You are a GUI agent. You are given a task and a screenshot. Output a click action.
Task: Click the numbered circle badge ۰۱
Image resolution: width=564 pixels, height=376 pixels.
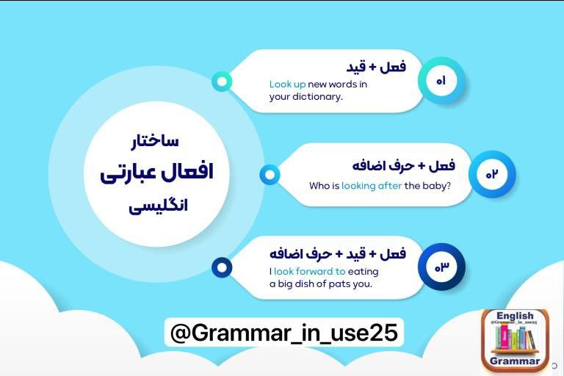(x=441, y=81)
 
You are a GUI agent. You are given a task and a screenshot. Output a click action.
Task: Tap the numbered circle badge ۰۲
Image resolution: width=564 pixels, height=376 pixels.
(x=492, y=174)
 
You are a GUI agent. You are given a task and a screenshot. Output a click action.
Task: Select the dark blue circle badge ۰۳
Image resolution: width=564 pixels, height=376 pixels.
(x=441, y=267)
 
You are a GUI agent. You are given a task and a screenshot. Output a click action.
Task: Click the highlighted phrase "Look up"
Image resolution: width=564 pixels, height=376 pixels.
(x=287, y=84)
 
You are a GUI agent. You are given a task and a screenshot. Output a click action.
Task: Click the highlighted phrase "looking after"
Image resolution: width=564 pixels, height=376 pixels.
(x=372, y=186)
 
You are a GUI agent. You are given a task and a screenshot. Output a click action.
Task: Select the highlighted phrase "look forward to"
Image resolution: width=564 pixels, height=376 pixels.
(x=310, y=271)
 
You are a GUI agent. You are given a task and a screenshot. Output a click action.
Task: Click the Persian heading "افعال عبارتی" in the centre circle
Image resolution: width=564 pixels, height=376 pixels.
(x=157, y=173)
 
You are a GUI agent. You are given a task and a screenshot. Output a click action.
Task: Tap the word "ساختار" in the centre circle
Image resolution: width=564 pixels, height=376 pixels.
(x=155, y=141)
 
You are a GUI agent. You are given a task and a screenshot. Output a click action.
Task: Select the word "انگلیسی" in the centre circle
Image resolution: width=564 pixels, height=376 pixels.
(x=159, y=207)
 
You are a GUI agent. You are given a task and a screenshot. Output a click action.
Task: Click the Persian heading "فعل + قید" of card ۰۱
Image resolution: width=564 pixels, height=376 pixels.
(x=376, y=68)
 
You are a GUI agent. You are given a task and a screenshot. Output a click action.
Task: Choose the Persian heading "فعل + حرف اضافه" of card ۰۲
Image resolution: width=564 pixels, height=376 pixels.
(x=404, y=166)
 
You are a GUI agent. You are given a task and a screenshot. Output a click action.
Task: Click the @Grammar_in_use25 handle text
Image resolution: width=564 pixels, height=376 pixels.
(x=284, y=333)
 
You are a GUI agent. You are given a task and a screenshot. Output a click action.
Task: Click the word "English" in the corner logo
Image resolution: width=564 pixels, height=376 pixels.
(x=515, y=316)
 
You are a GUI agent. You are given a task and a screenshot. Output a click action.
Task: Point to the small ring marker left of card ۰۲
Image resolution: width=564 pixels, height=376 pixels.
(x=270, y=175)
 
